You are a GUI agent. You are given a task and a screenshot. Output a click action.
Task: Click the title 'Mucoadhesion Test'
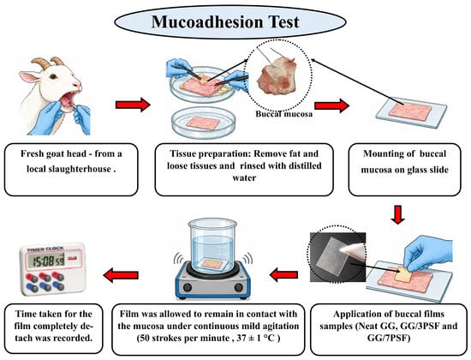point(225,22)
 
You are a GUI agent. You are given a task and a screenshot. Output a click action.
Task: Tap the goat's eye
point(53,76)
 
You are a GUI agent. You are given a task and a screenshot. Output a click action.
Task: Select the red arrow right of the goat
point(133,105)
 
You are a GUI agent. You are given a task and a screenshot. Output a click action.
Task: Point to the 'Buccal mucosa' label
point(283,114)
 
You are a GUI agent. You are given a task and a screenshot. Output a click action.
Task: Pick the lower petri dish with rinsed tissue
point(203,123)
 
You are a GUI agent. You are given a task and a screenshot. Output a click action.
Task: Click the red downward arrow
point(397,215)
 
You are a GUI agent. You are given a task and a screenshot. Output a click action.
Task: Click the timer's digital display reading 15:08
point(46,261)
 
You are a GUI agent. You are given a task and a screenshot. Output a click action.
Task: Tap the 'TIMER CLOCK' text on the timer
point(45,249)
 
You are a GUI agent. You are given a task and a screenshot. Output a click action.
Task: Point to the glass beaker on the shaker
point(212,245)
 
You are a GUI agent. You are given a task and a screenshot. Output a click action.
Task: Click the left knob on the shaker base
point(188,287)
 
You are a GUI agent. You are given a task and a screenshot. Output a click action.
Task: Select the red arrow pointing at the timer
point(121,275)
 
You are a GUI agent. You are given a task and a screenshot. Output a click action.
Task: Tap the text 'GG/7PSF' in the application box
point(389,339)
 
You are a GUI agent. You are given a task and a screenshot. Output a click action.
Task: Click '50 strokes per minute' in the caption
point(183,339)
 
